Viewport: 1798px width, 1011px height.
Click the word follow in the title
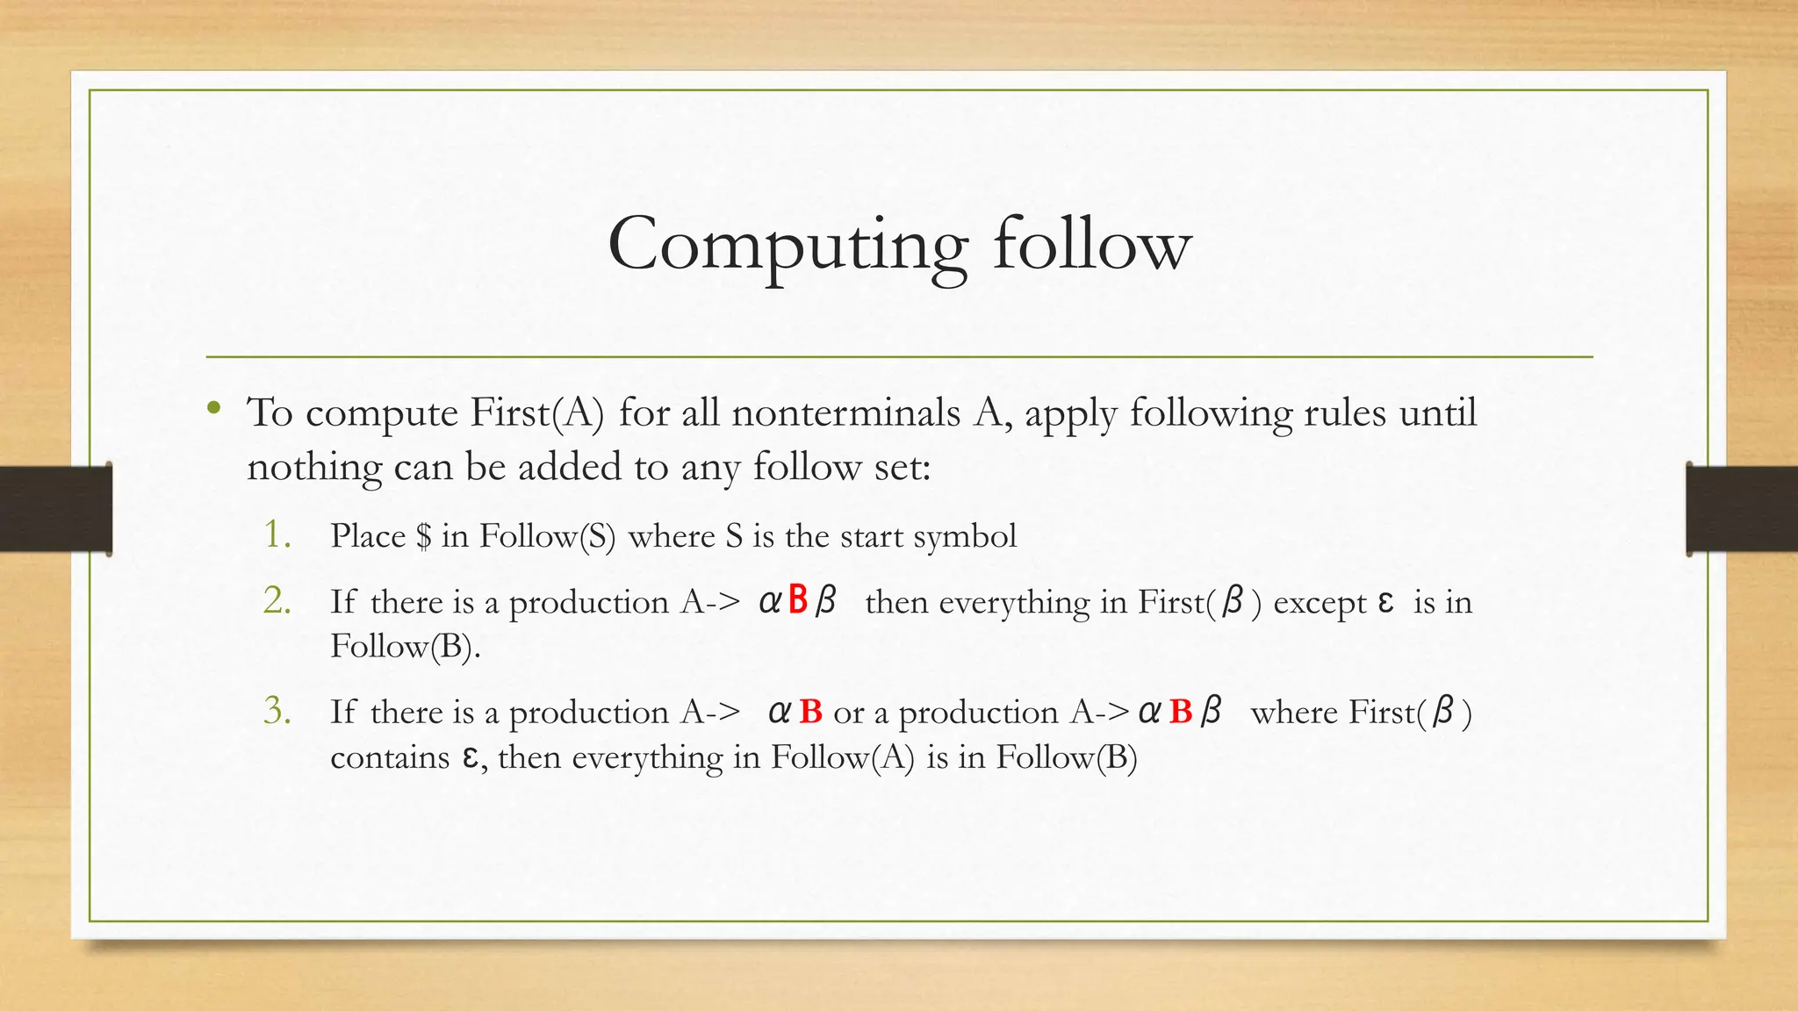click(x=1092, y=246)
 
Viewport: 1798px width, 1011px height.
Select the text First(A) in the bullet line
click(x=536, y=413)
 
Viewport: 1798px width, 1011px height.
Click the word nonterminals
click(x=845, y=413)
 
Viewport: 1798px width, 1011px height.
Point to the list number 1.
click(x=277, y=534)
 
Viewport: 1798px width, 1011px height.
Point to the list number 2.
click(x=277, y=601)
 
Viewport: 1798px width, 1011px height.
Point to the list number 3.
click(x=277, y=711)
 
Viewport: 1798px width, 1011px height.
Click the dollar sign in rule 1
click(x=424, y=536)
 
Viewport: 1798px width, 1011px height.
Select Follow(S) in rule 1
click(x=547, y=536)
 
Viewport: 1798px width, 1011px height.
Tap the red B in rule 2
click(x=797, y=600)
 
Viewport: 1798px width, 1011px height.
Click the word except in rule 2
click(x=1320, y=603)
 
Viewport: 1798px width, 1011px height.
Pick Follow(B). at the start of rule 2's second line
click(x=405, y=647)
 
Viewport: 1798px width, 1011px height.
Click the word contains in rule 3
click(x=389, y=756)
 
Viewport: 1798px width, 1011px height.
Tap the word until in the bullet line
click(x=1437, y=413)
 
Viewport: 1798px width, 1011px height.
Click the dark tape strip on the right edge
click(x=1742, y=509)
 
